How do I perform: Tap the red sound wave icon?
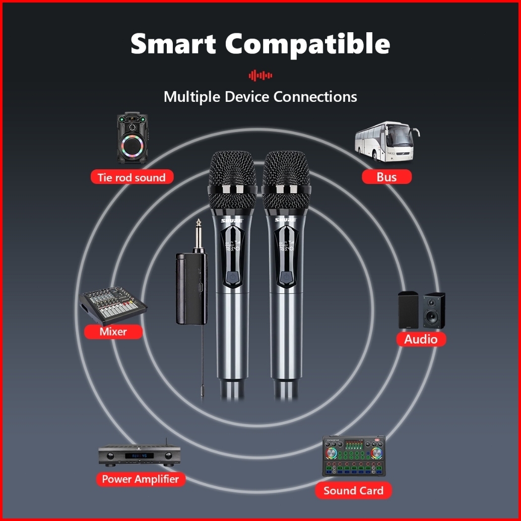click(x=260, y=76)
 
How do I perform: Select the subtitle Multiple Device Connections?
click(x=260, y=96)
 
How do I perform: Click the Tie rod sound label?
click(x=132, y=177)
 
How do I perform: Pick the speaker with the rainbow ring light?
click(x=133, y=138)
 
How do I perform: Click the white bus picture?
click(x=386, y=142)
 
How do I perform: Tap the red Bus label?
click(x=386, y=177)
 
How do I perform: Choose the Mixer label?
click(x=113, y=332)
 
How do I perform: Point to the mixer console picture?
click(x=113, y=305)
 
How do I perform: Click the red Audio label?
click(x=421, y=339)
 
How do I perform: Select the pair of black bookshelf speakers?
click(x=421, y=310)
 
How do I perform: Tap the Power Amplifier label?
click(x=140, y=479)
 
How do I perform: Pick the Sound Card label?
click(x=353, y=491)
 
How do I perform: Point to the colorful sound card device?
click(x=354, y=456)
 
